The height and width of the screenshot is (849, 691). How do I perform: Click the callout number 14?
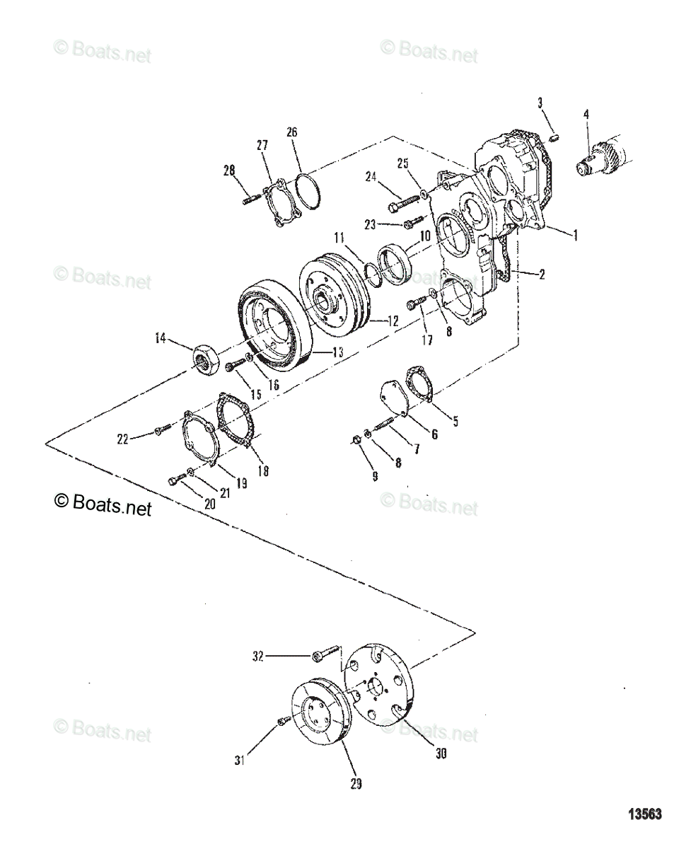tap(161, 340)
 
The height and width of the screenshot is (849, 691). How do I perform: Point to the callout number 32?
tap(258, 657)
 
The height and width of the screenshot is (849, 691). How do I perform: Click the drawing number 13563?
tap(644, 815)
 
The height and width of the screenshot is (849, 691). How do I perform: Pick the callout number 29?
tap(356, 784)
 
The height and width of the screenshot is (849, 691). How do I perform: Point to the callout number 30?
tap(440, 754)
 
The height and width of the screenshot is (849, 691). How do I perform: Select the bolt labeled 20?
tap(175, 480)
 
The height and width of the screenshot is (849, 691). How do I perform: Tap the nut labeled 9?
tap(357, 442)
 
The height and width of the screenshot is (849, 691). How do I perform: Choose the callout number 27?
tap(262, 144)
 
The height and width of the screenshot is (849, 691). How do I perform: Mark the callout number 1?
tap(575, 236)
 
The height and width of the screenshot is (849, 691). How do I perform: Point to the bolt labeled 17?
tap(416, 303)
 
